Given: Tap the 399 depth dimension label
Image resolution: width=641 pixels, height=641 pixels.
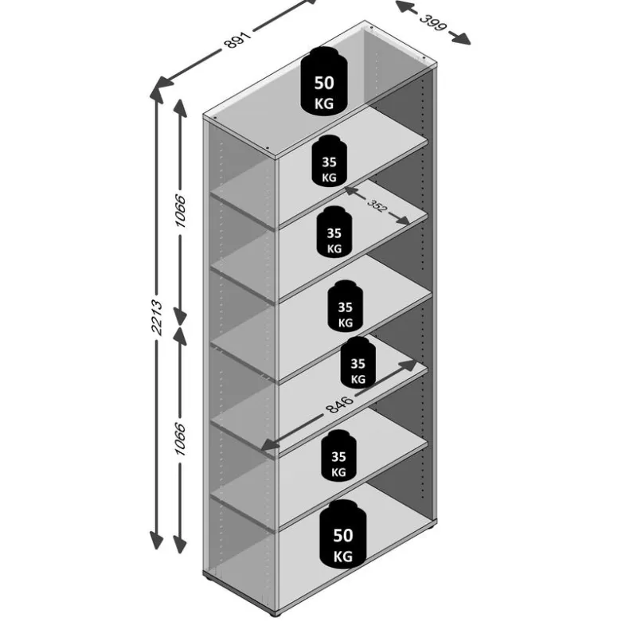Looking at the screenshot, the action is point(432,22).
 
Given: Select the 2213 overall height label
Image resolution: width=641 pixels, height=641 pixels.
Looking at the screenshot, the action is point(157,317).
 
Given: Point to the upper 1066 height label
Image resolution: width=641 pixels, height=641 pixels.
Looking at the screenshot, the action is point(180,211).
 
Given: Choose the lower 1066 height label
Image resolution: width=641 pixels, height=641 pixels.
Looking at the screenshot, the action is point(180,439).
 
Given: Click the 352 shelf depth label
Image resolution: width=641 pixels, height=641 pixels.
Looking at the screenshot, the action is point(377,205).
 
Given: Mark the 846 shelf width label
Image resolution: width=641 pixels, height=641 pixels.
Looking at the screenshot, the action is point(339,405).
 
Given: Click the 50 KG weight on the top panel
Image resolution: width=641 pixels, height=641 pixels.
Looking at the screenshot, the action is point(324,81).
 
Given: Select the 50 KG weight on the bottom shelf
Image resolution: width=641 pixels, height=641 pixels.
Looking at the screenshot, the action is point(342,534).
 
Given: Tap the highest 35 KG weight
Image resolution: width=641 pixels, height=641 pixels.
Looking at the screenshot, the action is point(329,161).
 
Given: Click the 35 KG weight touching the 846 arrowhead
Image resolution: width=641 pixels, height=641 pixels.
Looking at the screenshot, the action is point(358,362).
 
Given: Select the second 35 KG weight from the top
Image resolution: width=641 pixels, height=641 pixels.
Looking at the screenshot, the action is point(334,232).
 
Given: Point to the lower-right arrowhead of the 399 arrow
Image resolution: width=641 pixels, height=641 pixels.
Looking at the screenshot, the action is point(461,37).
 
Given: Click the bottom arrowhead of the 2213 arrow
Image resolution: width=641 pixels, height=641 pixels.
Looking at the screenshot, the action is point(156,540).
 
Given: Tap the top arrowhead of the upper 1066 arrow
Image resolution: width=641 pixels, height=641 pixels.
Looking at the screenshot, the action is point(180,108).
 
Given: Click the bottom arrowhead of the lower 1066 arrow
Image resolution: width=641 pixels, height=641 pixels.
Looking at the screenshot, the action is point(179,544).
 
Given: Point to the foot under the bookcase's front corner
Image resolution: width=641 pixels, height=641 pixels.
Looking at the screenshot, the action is point(277,614).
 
